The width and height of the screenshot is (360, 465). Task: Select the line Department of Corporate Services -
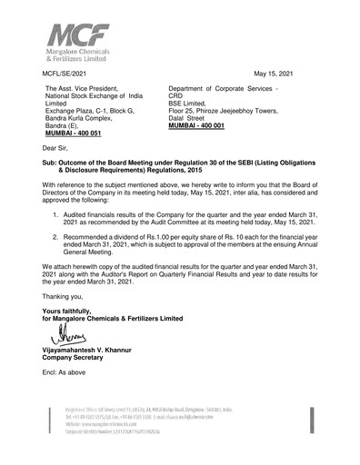[x=228, y=87]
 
